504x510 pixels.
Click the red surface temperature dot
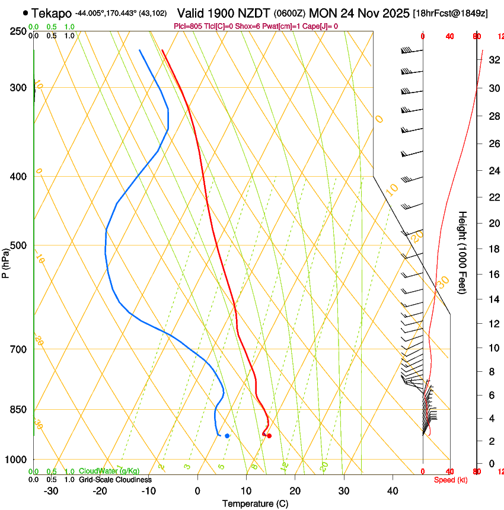tap(269, 436)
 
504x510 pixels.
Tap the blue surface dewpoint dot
tap(227, 436)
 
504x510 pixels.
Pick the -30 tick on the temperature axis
tap(51, 491)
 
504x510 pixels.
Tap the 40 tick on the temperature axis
tap(393, 491)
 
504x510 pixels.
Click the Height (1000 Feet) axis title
tap(462, 253)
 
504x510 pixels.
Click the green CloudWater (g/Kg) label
tap(109, 471)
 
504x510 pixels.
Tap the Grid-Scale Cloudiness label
tap(115, 480)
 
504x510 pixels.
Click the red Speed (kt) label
tap(451, 480)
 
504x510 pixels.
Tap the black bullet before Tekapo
tap(25, 12)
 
